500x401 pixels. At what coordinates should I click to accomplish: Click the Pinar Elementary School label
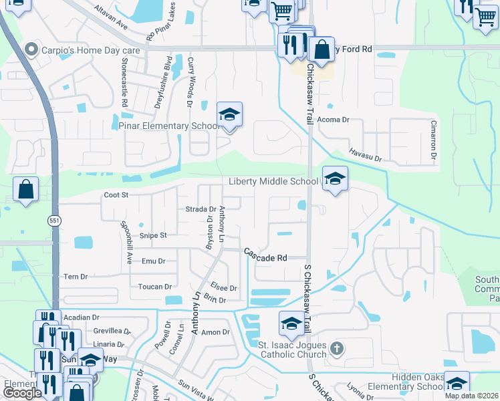(x=169, y=126)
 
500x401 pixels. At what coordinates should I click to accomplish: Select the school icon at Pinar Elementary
(x=229, y=115)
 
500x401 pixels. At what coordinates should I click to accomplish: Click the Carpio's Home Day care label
(x=82, y=49)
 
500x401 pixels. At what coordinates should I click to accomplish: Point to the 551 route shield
(x=54, y=220)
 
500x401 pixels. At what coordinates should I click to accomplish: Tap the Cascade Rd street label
(x=265, y=257)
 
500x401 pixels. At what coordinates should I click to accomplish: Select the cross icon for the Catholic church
(x=338, y=348)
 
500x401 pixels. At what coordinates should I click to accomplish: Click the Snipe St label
(x=153, y=235)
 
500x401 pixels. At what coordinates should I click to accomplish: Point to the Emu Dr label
(x=153, y=261)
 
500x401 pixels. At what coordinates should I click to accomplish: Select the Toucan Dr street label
(x=154, y=287)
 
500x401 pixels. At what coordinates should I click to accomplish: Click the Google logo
(x=22, y=393)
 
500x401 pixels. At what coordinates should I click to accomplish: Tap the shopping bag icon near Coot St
(x=25, y=189)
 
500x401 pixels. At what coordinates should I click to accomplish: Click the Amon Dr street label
(x=215, y=332)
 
